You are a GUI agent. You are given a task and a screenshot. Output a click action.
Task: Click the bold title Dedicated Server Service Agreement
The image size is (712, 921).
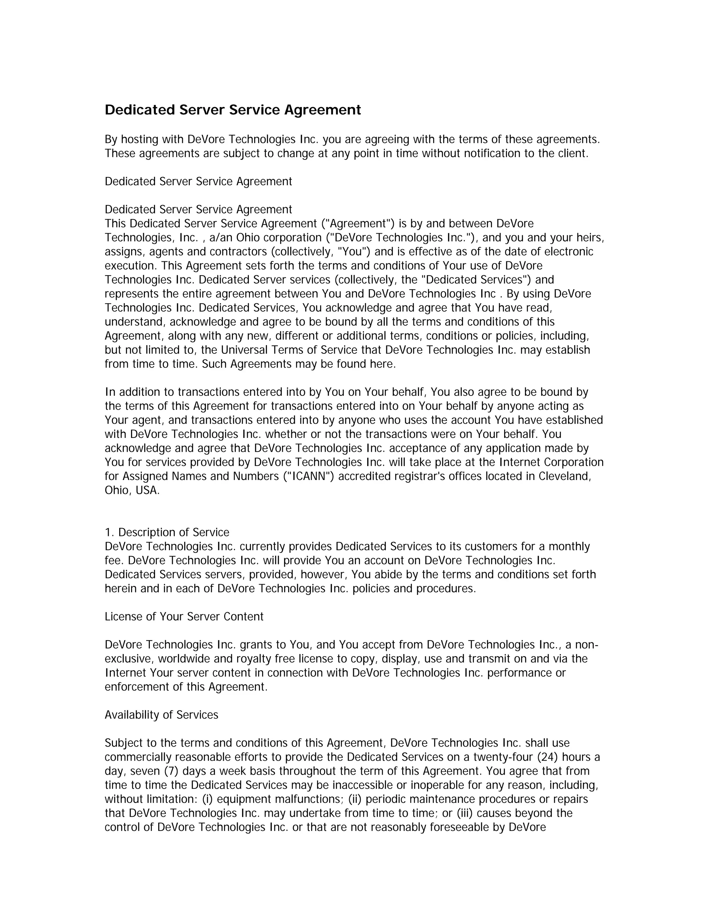(x=233, y=110)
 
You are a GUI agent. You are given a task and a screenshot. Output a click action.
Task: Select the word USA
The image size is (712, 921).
(x=147, y=490)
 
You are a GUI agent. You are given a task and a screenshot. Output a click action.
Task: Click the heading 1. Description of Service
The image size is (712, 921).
(x=167, y=532)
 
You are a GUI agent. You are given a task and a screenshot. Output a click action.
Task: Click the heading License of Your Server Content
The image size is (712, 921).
(x=184, y=617)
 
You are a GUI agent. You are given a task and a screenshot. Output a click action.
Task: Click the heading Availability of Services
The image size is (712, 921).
(x=162, y=715)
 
